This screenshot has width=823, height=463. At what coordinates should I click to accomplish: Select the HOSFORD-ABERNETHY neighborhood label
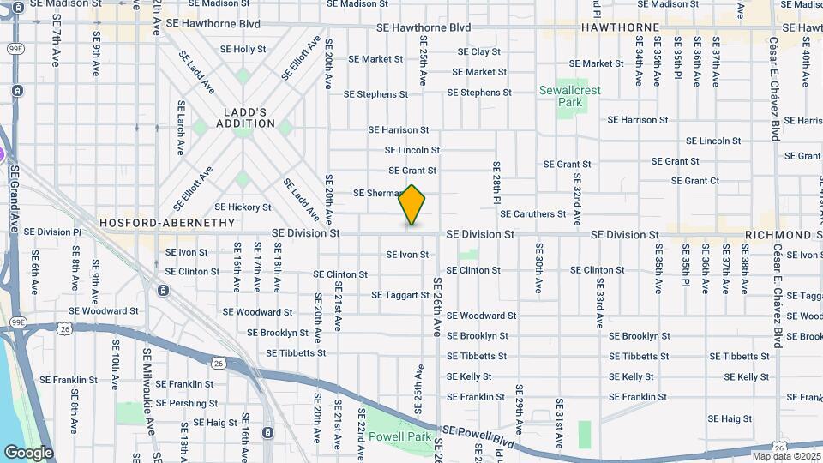pos(167,222)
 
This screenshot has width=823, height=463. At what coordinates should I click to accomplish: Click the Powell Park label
pos(400,436)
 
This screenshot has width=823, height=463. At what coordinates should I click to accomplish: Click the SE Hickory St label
pos(243,207)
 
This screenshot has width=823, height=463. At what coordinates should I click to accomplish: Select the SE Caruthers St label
pos(533,213)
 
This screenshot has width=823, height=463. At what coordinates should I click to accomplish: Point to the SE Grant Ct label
pos(695,181)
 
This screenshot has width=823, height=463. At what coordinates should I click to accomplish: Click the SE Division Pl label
pos(52,231)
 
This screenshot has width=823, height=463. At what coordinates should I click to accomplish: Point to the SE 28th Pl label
pos(496,183)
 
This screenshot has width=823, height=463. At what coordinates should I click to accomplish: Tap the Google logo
pos(28,453)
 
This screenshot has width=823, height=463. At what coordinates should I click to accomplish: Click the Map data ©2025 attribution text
pos(786,456)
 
